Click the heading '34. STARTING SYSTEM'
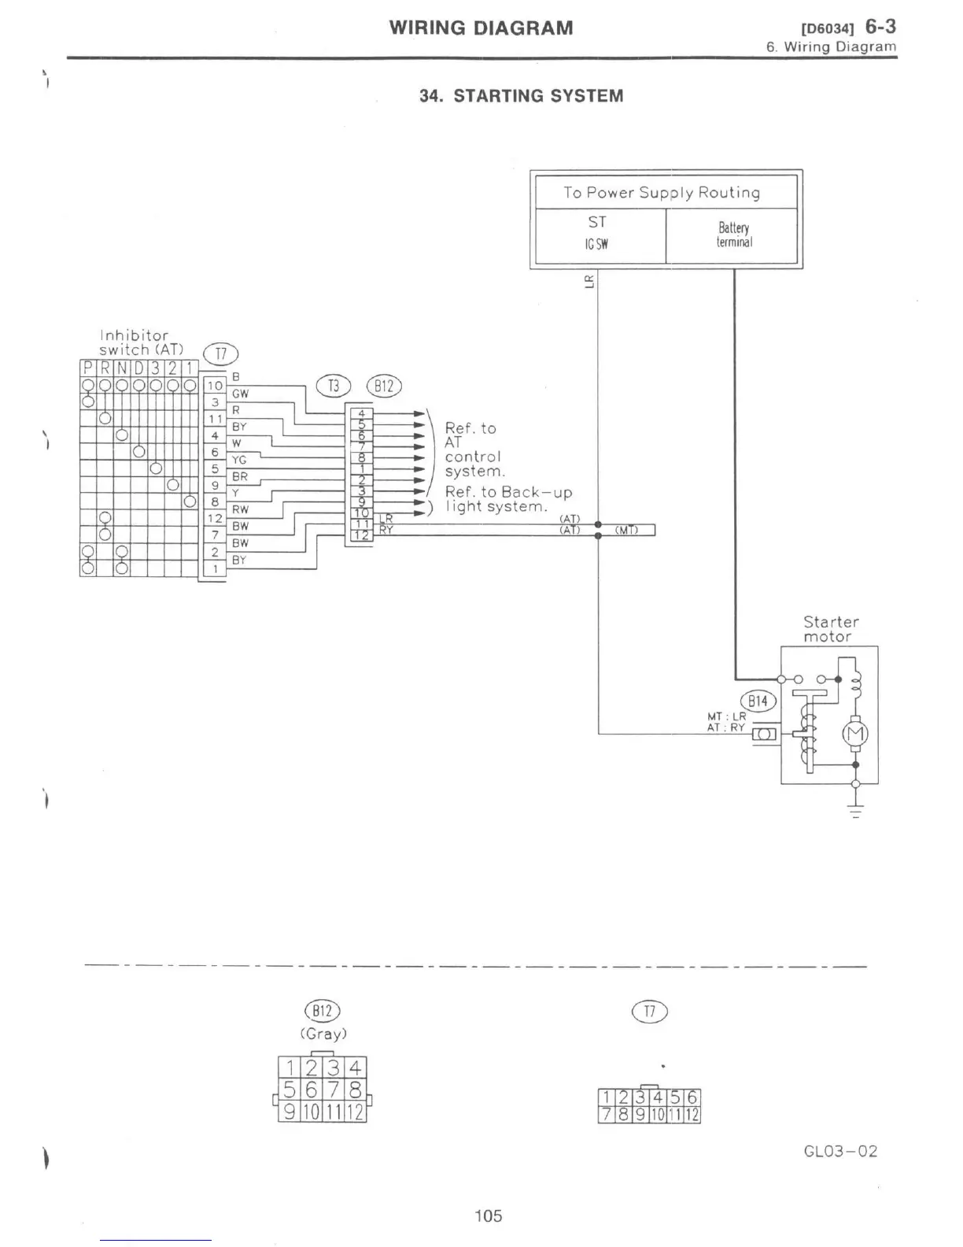click(521, 96)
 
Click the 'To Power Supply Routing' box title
click(662, 193)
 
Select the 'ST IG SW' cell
click(597, 232)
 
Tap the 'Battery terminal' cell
click(734, 235)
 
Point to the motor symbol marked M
click(856, 735)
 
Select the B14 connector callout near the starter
click(758, 701)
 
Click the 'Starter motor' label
click(830, 629)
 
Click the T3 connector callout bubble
click(334, 386)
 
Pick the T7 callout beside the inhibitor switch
click(220, 356)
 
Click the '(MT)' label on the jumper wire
click(625, 530)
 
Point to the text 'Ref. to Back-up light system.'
click(507, 499)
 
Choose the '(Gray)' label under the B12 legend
click(323, 1033)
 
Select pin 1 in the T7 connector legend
click(606, 1097)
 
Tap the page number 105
click(488, 1216)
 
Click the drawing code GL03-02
click(840, 1151)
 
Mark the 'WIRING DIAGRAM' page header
click(481, 28)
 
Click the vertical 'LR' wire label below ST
click(589, 281)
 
